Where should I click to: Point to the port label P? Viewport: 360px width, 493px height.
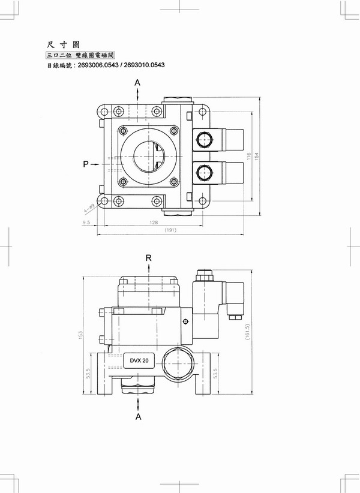86,163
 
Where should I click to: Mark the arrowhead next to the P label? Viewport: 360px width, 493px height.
99,163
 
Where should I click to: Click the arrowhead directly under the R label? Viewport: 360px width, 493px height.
148,268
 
